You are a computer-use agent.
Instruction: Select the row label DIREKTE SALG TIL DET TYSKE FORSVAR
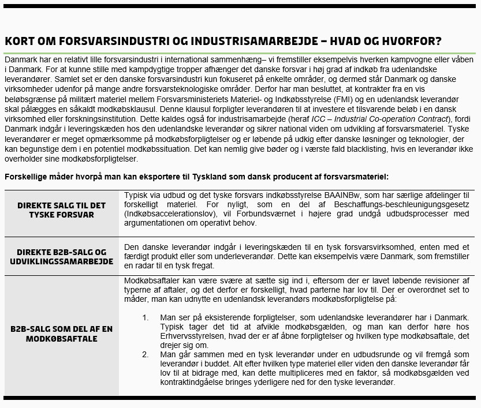[x=61, y=209]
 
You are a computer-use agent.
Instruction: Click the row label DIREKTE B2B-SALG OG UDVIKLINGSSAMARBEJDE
[x=61, y=257]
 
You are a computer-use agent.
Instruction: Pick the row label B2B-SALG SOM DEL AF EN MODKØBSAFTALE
[x=61, y=334]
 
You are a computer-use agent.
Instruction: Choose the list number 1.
[x=146, y=317]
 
